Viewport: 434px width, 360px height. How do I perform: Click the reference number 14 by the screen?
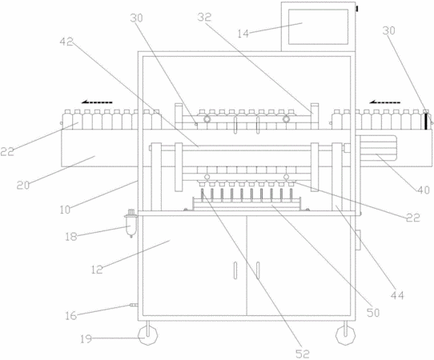(243, 34)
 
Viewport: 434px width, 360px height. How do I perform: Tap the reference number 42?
(66, 42)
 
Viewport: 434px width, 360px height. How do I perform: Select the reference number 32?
(204, 17)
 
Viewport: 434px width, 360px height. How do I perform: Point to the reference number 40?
(424, 190)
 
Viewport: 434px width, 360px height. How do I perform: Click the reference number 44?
(397, 295)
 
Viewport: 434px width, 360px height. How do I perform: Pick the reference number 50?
(373, 313)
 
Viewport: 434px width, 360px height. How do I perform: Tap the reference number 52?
(303, 354)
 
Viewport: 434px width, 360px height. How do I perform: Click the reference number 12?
(97, 270)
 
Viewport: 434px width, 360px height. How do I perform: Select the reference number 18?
(70, 237)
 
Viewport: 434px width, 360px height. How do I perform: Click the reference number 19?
(86, 339)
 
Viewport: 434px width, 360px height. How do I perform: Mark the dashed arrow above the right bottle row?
(384, 102)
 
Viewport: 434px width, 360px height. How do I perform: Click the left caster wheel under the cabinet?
(148, 335)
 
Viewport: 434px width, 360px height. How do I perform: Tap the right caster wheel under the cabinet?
(345, 335)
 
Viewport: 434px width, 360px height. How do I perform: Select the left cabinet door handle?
(235, 270)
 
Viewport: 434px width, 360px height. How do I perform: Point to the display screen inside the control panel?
(318, 27)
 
